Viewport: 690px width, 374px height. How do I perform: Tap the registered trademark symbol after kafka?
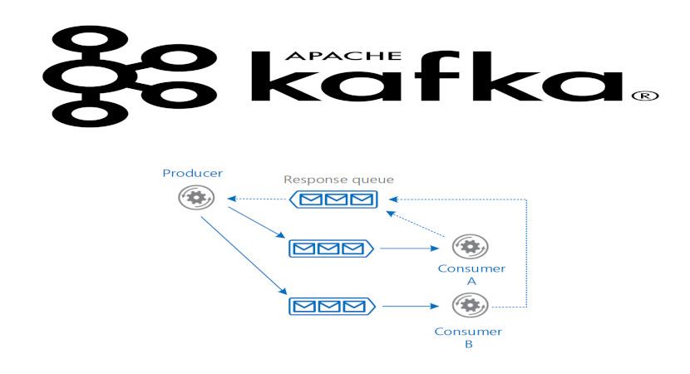tap(645, 96)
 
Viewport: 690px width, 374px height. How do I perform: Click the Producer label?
tap(192, 174)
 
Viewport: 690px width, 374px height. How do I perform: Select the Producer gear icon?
tap(196, 198)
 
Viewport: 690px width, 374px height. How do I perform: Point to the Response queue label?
tap(338, 180)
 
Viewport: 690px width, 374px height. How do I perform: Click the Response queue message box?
tap(332, 199)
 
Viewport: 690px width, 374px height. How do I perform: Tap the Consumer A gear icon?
tap(471, 247)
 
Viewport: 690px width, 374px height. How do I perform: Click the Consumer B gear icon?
tap(469, 305)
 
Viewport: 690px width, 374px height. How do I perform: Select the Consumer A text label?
tap(471, 275)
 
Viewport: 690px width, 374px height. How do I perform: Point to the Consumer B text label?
tap(469, 337)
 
